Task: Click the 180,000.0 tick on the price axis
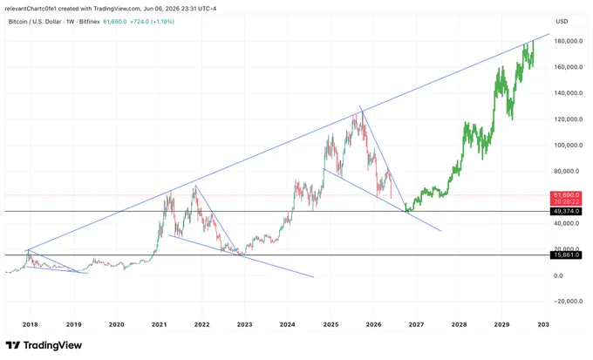click(x=569, y=41)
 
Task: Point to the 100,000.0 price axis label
click(x=569, y=146)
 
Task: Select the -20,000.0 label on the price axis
click(x=568, y=302)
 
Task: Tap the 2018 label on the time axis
click(x=31, y=324)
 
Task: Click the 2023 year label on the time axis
click(x=245, y=324)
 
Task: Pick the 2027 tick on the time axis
click(x=416, y=324)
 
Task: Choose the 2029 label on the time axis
click(x=501, y=324)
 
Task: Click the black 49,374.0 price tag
click(x=566, y=211)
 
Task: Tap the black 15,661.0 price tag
click(x=566, y=255)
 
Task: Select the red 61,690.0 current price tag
click(x=566, y=195)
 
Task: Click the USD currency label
click(x=562, y=21)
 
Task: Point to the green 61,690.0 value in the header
click(x=115, y=22)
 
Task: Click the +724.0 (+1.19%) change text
click(x=152, y=22)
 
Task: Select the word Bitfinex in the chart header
click(x=90, y=22)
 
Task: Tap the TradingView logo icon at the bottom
click(x=13, y=345)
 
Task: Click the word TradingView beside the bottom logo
click(x=52, y=345)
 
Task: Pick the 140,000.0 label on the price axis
click(x=569, y=93)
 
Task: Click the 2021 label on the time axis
click(x=160, y=324)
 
